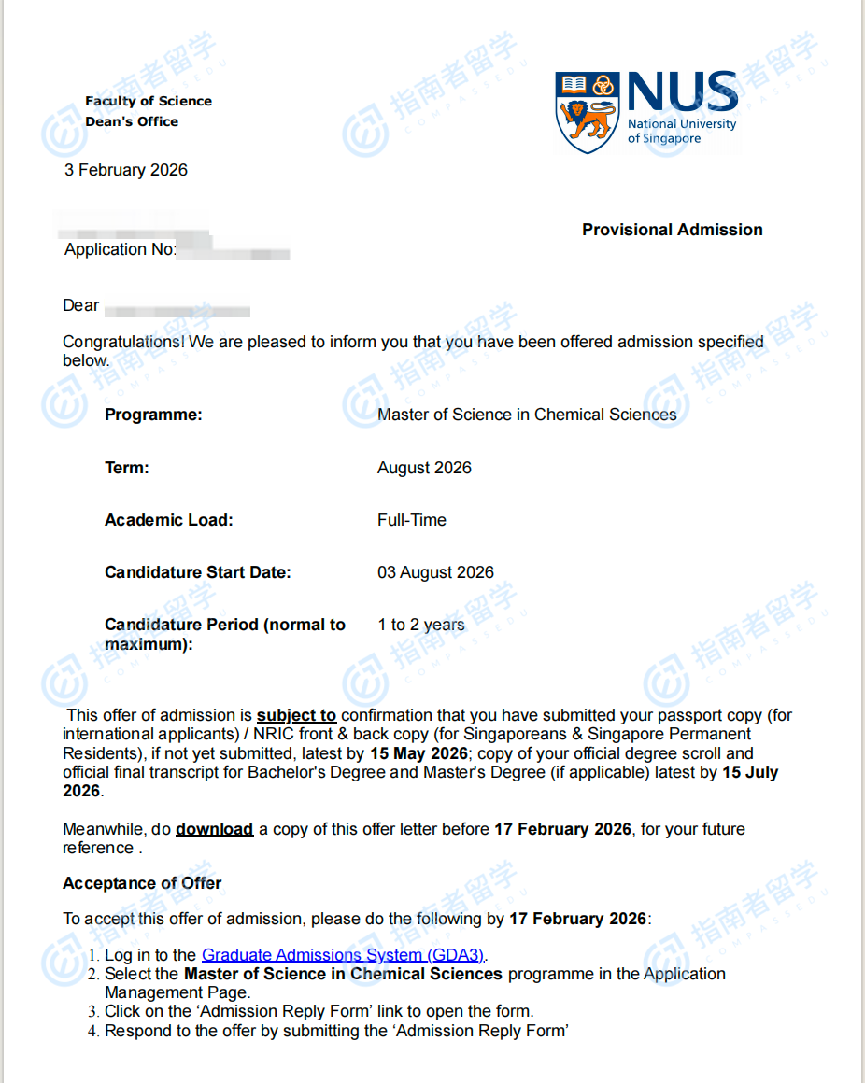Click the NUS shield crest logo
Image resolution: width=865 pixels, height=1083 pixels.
coord(588,112)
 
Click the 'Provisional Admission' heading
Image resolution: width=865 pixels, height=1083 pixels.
coord(672,230)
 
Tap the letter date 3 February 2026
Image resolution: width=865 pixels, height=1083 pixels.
coord(126,170)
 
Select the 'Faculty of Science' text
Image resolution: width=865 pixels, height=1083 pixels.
coord(149,101)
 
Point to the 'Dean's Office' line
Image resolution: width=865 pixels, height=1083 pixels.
coord(132,121)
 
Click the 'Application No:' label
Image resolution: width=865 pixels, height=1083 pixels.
coord(120,250)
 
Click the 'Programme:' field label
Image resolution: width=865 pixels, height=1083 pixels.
coord(153,415)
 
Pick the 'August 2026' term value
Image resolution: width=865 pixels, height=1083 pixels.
coord(424,468)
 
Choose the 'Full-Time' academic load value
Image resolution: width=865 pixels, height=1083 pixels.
coord(412,520)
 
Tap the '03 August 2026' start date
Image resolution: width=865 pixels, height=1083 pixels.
coord(435,572)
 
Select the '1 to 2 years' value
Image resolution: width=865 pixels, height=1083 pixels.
coord(420,625)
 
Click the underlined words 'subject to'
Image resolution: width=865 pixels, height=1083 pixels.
coord(296,716)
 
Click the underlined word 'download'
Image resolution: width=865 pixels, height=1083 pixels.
coord(214,829)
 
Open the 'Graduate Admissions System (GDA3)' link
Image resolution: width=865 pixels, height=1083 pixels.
coord(343,955)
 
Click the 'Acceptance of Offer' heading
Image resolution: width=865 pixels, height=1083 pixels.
coord(142,883)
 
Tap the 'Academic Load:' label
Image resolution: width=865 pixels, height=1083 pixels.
coord(168,520)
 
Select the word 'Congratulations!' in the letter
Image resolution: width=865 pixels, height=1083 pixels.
coord(124,342)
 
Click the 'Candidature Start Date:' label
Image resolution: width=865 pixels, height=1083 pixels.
coord(197,572)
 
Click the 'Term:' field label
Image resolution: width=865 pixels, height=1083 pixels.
coord(127,468)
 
